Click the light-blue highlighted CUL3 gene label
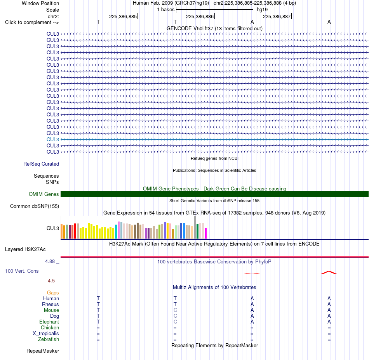(x=53, y=139)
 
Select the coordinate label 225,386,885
(x=123, y=16)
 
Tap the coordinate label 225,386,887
(x=277, y=16)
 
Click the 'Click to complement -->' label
(x=32, y=22)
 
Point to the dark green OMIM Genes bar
(x=214, y=194)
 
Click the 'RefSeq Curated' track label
(x=41, y=164)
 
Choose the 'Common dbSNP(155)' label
(x=35, y=206)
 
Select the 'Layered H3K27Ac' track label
(x=25, y=249)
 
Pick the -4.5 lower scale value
(x=50, y=280)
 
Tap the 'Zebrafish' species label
(x=49, y=339)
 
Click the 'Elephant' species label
(x=49, y=322)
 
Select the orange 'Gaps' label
(x=53, y=292)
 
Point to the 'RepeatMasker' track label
(x=43, y=351)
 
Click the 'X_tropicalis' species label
(x=46, y=334)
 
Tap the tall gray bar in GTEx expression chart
(x=195, y=227)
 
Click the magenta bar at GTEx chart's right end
(x=206, y=233)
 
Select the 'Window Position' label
(x=40, y=3)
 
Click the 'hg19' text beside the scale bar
(x=262, y=10)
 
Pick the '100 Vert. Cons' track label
(x=22, y=271)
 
